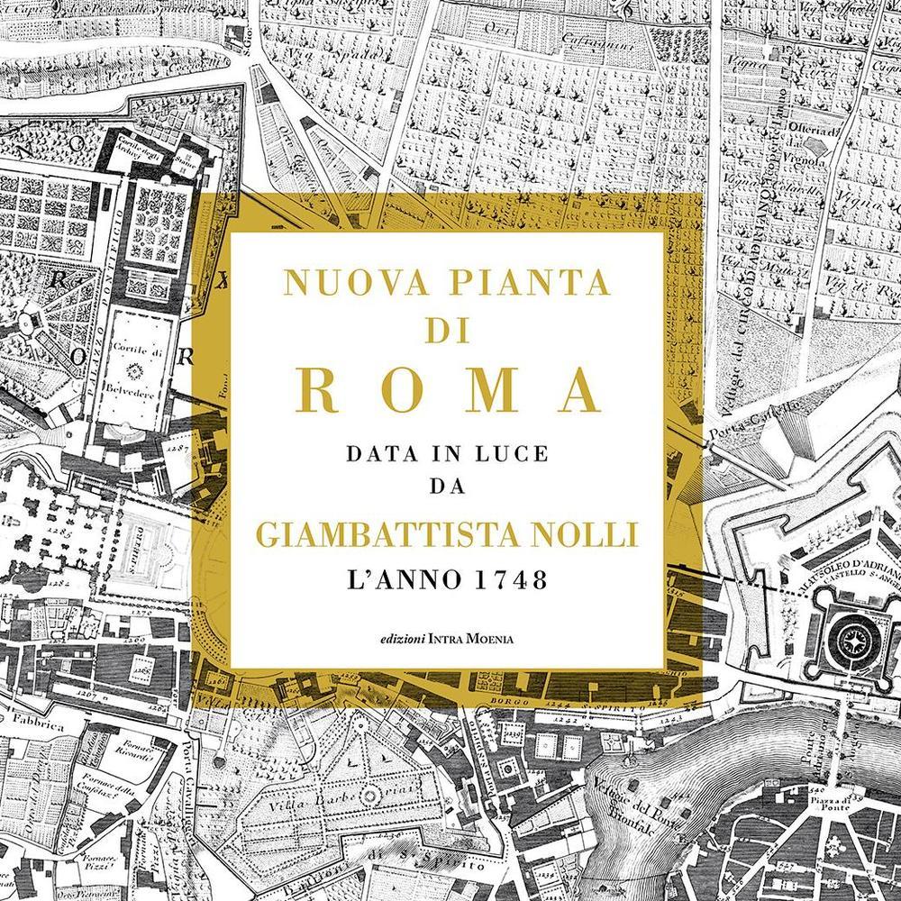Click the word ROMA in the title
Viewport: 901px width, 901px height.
pyautogui.click(x=448, y=390)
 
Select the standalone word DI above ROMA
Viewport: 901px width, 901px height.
pyautogui.click(x=448, y=331)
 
